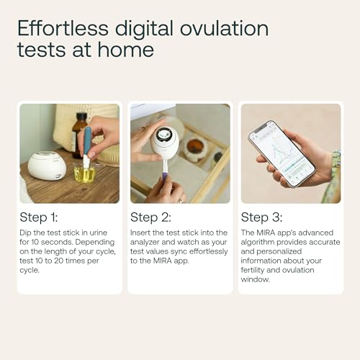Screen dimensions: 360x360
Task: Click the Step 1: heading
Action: tap(40, 217)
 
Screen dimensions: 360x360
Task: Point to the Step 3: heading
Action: tap(261, 217)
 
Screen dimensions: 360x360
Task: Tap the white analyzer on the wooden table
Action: tap(47, 166)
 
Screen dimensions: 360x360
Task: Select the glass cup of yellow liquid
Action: tap(85, 174)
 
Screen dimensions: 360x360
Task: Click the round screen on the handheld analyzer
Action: tap(165, 135)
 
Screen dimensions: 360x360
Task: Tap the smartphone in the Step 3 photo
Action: tap(282, 152)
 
